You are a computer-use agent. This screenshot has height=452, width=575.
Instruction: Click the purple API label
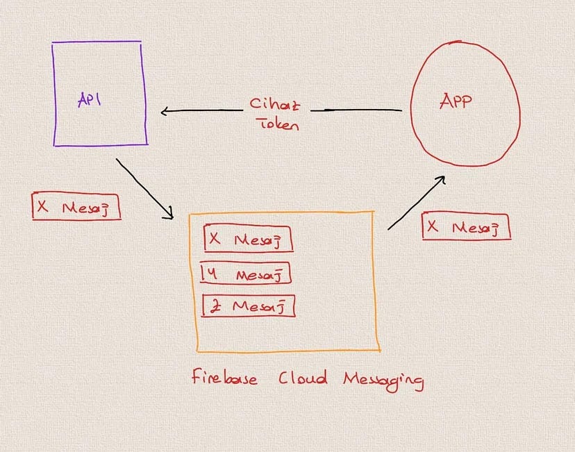(x=89, y=99)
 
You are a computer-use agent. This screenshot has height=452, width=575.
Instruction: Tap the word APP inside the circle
(x=456, y=101)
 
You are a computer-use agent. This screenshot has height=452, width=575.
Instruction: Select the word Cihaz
(x=275, y=105)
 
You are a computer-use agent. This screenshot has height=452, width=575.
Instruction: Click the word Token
(x=279, y=124)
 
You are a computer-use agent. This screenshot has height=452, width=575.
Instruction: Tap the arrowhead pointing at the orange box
(x=169, y=214)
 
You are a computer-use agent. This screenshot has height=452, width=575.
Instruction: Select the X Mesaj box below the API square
(x=76, y=206)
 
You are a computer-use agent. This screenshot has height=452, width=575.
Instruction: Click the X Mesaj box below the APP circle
(x=466, y=226)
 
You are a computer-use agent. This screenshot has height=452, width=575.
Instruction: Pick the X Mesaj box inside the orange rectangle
(x=248, y=239)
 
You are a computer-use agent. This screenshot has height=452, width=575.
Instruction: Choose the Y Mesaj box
(x=245, y=273)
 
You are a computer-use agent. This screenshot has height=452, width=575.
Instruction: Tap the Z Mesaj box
(x=248, y=305)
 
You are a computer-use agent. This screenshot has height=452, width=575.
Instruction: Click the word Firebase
(x=224, y=377)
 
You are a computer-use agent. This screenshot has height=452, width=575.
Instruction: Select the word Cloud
(x=303, y=378)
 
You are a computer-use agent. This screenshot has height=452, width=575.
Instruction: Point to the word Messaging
(x=383, y=380)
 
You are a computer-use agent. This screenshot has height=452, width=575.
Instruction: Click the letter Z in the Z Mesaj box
(x=215, y=306)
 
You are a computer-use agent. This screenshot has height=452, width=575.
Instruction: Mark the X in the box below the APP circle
(x=433, y=226)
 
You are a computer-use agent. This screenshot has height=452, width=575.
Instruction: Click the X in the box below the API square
(x=42, y=206)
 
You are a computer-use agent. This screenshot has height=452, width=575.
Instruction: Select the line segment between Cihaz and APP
(x=356, y=110)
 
